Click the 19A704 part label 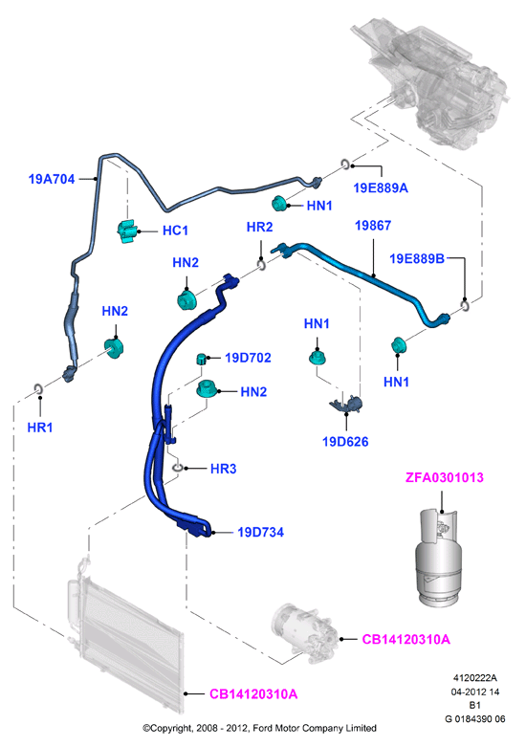[x=52, y=179]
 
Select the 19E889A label [x=381, y=188]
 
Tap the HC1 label [x=175, y=231]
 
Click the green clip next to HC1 [x=127, y=231]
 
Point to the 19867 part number [x=373, y=226]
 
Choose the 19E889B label [x=417, y=258]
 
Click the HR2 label [x=260, y=228]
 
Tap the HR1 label [x=40, y=428]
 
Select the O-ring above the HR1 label [x=39, y=389]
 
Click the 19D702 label [x=248, y=358]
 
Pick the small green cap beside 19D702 [x=202, y=359]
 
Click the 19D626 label [x=345, y=442]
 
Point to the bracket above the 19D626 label [x=346, y=404]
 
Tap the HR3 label [x=224, y=469]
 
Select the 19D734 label [x=261, y=532]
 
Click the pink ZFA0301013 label [x=445, y=477]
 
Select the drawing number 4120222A [x=474, y=678]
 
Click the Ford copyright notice [x=260, y=728]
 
